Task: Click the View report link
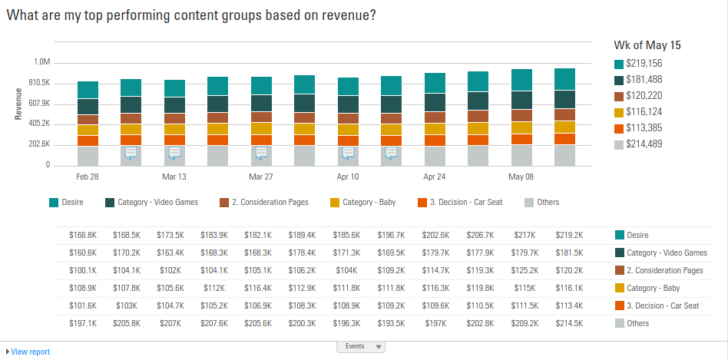[x=30, y=352]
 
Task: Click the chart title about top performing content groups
[x=191, y=15]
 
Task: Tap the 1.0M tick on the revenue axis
[x=41, y=62]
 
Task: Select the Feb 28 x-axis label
[x=88, y=177]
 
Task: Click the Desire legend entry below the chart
[x=67, y=203]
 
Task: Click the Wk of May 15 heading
[x=647, y=45]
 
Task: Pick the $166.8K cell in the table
[x=83, y=235]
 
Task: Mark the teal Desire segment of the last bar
[x=564, y=79]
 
